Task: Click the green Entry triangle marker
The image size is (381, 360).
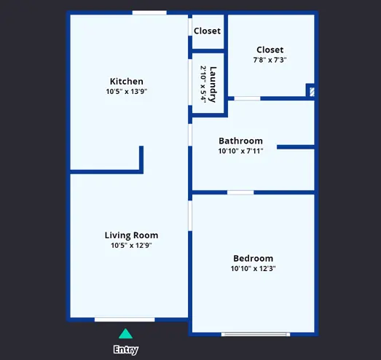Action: click(x=125, y=334)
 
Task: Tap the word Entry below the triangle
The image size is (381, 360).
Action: click(x=126, y=350)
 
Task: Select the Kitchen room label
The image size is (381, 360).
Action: click(x=126, y=81)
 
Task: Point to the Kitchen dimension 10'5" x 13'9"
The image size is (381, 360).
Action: click(x=127, y=91)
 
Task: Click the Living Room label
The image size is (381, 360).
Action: click(x=131, y=235)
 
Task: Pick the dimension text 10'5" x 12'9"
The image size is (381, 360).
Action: click(x=131, y=246)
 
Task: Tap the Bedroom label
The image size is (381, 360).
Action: click(x=254, y=258)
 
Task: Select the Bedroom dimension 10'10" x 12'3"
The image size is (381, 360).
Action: click(x=254, y=268)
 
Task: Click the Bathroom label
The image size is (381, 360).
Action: click(x=240, y=141)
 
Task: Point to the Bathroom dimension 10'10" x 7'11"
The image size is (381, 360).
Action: click(x=240, y=151)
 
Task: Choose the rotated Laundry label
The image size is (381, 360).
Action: click(x=213, y=85)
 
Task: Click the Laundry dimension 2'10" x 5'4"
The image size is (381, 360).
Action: click(x=203, y=85)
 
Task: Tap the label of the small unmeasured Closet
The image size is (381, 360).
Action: click(x=208, y=31)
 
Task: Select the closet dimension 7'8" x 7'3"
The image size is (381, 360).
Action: click(x=270, y=60)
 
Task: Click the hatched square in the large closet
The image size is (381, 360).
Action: click(x=313, y=92)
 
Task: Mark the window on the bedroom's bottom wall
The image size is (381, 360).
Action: click(x=256, y=334)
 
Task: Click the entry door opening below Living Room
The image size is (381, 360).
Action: click(x=125, y=320)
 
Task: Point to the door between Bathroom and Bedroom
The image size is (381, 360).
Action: click(x=240, y=192)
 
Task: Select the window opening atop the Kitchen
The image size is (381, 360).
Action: click(x=149, y=12)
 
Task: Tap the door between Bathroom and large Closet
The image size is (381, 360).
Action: click(x=248, y=98)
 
